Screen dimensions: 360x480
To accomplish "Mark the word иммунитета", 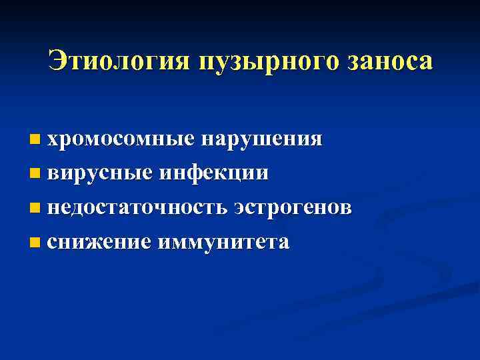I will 223,241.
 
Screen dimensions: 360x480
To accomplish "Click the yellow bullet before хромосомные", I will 35,140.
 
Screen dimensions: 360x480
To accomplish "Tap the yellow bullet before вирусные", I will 35,174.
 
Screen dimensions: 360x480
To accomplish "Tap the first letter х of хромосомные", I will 53,139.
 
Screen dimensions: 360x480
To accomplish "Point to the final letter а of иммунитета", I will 283,242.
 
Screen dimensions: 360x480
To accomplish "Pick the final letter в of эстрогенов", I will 345,208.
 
